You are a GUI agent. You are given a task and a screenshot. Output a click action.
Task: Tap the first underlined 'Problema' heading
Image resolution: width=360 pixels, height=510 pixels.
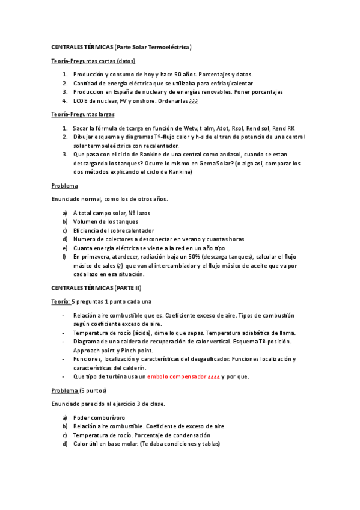click(64, 185)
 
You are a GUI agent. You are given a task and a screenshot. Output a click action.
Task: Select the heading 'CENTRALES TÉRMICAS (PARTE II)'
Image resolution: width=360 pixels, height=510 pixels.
click(96, 288)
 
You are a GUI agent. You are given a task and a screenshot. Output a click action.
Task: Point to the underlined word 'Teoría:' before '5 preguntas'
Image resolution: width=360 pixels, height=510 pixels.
click(61, 301)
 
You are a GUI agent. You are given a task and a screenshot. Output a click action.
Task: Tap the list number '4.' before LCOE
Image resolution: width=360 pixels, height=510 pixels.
click(65, 101)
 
